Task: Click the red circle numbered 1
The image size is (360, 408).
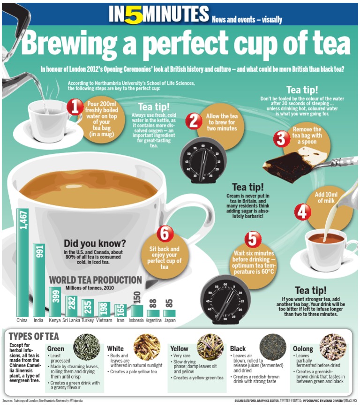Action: (x=75, y=106)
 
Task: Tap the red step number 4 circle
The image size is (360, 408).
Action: (x=302, y=212)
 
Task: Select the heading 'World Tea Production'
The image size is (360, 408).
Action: (x=96, y=280)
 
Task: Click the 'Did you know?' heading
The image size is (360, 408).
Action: (x=95, y=243)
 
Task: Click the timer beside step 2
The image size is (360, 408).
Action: (x=203, y=159)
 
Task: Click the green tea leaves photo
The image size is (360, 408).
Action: (x=86, y=347)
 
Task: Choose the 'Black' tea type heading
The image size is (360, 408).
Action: (x=238, y=348)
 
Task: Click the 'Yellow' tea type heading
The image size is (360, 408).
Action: (x=179, y=348)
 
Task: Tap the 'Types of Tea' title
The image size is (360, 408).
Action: (x=34, y=336)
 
